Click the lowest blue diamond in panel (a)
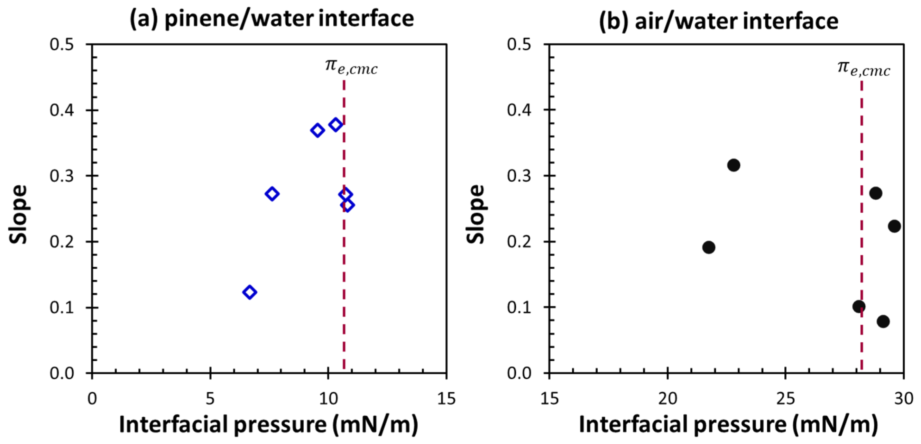pos(250,292)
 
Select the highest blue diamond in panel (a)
pos(335,125)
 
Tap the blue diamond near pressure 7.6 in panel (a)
pos(272,194)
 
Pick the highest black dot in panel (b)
pos(733,165)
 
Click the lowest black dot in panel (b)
pos(883,321)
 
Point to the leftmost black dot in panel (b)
pos(708,247)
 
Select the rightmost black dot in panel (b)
pos(894,226)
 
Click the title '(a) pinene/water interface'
pos(272,19)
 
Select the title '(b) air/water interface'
pos(719,21)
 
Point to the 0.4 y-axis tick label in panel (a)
pos(62,110)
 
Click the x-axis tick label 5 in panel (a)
pos(210,398)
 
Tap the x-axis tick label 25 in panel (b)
pos(785,398)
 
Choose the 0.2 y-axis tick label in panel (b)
pos(519,242)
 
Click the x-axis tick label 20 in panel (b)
pos(667,398)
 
